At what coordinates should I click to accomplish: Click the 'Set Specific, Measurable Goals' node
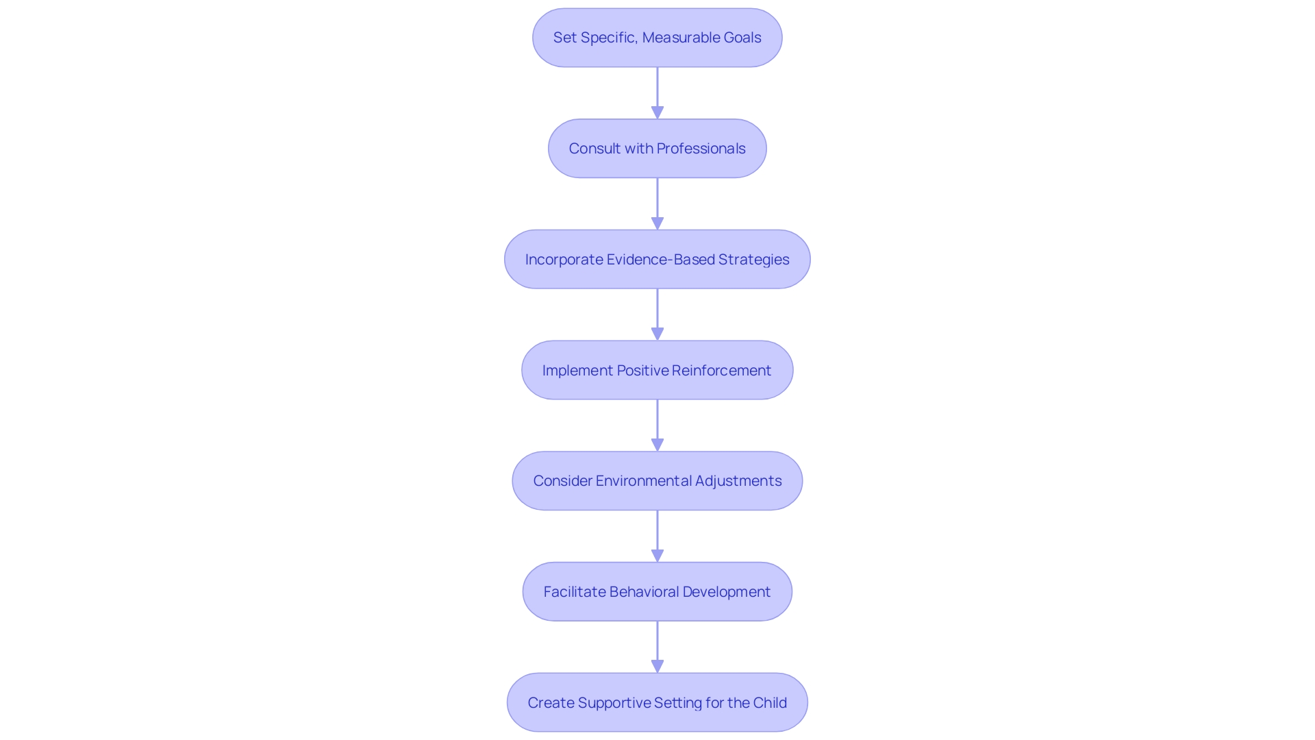(x=657, y=38)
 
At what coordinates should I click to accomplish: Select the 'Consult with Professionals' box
(x=657, y=149)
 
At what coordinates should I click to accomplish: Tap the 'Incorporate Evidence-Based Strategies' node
(x=657, y=260)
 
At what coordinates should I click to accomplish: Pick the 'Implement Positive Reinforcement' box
(x=657, y=371)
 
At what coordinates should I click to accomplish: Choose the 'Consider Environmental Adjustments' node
(x=657, y=481)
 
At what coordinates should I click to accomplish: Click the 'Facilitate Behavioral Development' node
(x=657, y=592)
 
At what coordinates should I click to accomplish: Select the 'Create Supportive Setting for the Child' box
(x=657, y=703)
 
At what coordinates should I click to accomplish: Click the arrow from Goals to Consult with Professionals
(x=657, y=92)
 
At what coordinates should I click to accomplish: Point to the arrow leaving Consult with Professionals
(x=657, y=203)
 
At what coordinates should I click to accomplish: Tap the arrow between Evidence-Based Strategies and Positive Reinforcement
(x=657, y=314)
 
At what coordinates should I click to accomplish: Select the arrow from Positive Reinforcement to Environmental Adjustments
(x=657, y=425)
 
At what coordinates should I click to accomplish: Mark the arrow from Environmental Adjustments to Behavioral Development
(x=657, y=536)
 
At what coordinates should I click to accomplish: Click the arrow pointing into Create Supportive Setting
(x=657, y=647)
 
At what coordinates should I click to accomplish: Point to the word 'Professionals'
(x=701, y=149)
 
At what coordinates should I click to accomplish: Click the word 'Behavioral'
(x=644, y=592)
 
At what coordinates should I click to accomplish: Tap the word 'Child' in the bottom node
(x=770, y=703)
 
